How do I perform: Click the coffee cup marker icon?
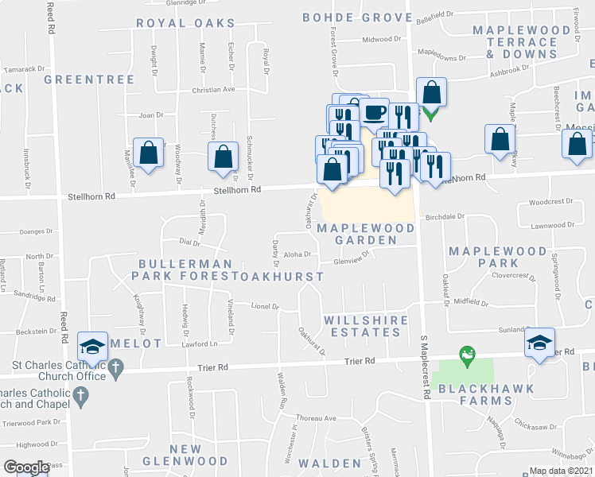(x=374, y=112)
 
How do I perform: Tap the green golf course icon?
(x=468, y=351)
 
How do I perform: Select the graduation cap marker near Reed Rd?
(x=93, y=346)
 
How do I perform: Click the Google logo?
(x=25, y=467)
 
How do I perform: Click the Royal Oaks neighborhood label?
(x=185, y=24)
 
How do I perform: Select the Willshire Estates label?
(x=365, y=327)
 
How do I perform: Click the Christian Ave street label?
(x=213, y=90)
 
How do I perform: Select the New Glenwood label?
(x=185, y=455)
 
